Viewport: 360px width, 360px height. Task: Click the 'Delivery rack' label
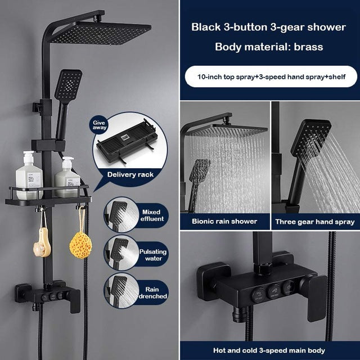131,174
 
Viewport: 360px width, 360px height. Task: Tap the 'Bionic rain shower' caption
224,221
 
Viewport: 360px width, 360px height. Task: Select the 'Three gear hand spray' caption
314,222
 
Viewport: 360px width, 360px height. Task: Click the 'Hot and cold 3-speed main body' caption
268,349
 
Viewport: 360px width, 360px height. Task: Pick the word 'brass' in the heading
308,46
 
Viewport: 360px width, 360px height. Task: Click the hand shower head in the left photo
69,85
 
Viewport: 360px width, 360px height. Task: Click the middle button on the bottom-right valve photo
274,290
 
